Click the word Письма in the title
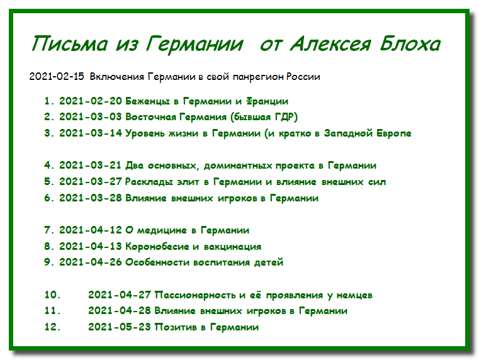[x=70, y=43]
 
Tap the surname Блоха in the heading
[x=410, y=43]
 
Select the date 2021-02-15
[x=57, y=76]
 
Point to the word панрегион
[x=259, y=77]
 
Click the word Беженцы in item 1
[x=148, y=101]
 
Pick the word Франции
[x=267, y=101]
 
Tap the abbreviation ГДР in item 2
[x=284, y=117]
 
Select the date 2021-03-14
[x=91, y=133]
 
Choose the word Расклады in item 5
[x=149, y=182]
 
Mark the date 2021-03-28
[x=91, y=198]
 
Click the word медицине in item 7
[x=162, y=230]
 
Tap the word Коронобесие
[x=157, y=247]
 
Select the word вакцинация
[x=232, y=247]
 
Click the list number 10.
[x=52, y=295]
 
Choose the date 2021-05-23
[x=120, y=327]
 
